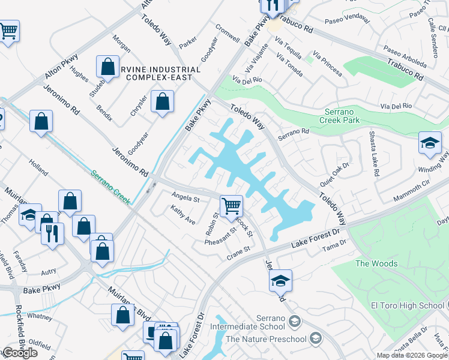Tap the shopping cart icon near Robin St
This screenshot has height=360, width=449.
[x=231, y=206]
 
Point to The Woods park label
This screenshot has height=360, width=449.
[x=376, y=263]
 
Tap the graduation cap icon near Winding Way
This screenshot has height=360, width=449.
[x=430, y=143]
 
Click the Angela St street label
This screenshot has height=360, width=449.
[x=185, y=197]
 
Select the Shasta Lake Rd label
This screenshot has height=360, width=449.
[x=374, y=154]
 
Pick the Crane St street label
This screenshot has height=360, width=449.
[x=238, y=254]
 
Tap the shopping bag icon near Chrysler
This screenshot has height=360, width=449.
[x=162, y=101]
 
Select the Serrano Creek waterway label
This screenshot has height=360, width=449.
[x=110, y=185]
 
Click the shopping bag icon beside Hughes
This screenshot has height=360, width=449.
[x=107, y=67]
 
